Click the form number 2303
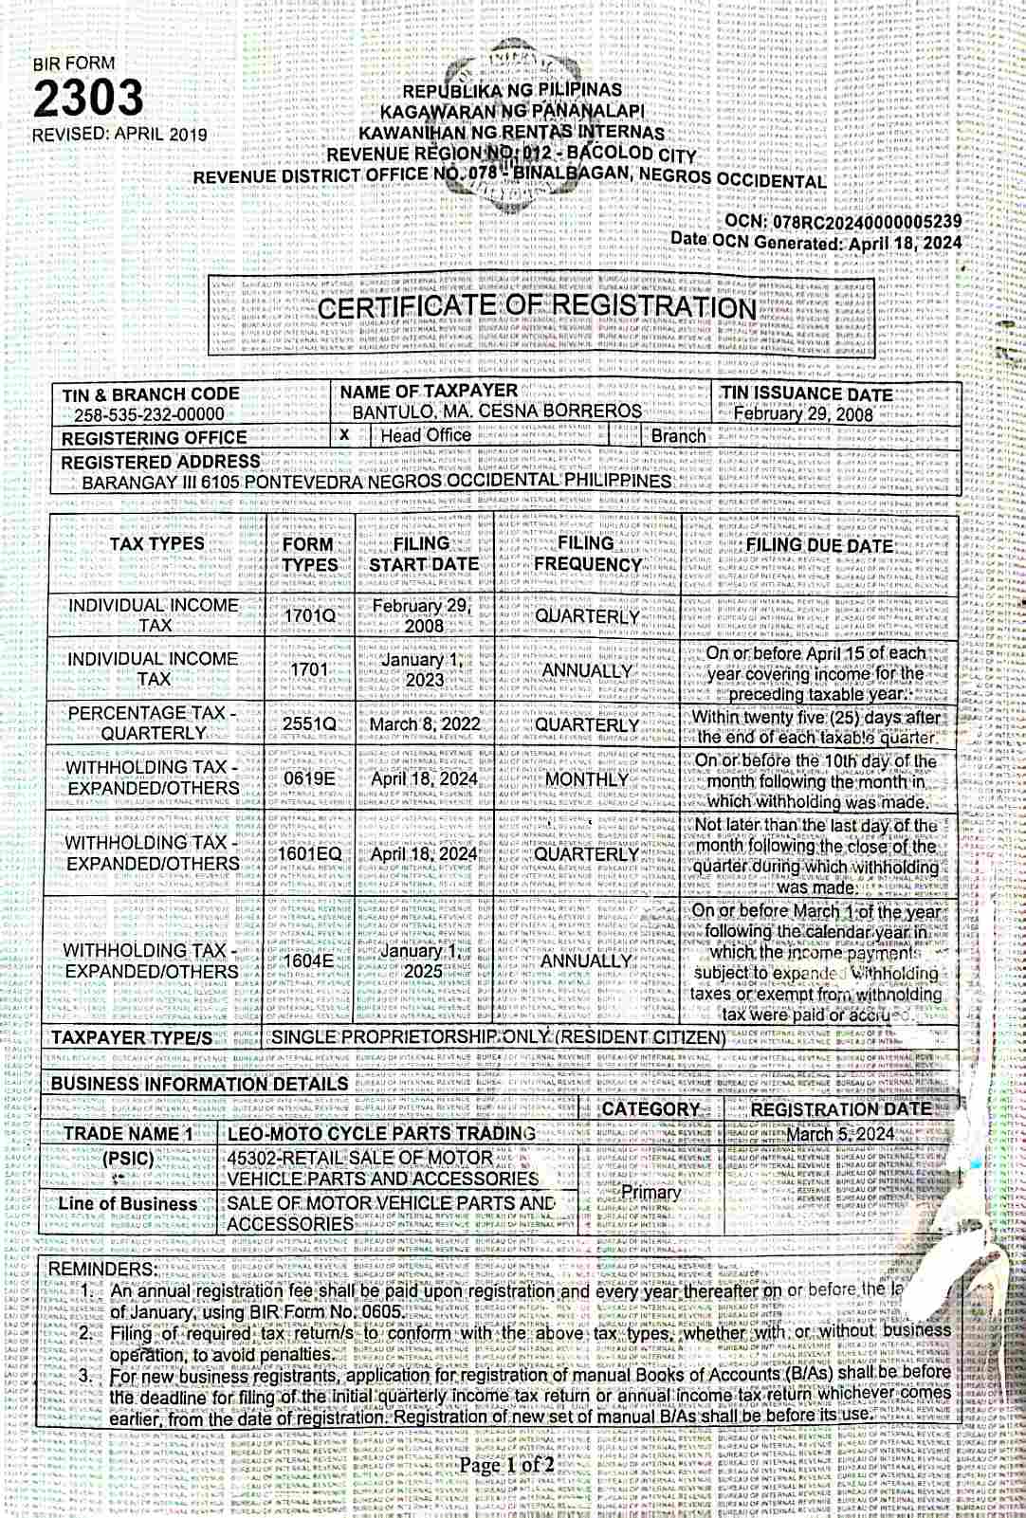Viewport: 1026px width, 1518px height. pos(89,98)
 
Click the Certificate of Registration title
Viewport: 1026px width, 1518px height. pos(537,307)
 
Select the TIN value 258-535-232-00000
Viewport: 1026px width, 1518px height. pos(150,414)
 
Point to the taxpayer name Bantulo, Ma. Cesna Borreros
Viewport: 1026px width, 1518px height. pos(497,412)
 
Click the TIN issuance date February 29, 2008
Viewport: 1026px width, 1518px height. pos(803,413)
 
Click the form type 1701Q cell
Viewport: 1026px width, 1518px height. pos(309,615)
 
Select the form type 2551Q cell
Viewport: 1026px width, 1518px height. pos(309,724)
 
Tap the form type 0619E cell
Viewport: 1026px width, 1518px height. pos(309,778)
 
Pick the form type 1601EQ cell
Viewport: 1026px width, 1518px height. pos(309,853)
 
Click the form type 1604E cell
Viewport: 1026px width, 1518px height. pos(309,960)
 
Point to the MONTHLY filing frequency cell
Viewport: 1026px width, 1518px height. pos(587,779)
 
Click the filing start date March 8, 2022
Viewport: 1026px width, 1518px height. pos(425,724)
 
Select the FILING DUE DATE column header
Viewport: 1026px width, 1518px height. pos(819,545)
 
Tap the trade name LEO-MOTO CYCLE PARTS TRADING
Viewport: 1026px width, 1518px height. pos(381,1133)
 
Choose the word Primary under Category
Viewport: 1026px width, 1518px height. pos(650,1192)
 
